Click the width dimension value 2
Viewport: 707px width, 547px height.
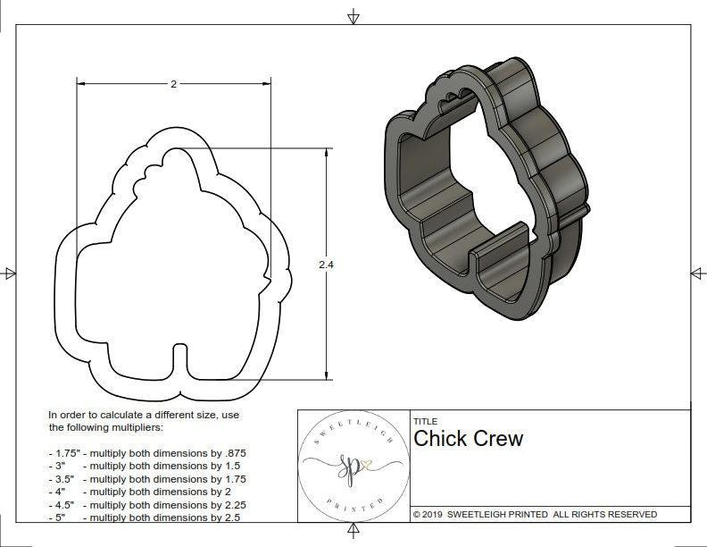click(173, 83)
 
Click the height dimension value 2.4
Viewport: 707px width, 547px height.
click(326, 265)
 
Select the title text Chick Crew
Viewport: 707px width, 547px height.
click(468, 439)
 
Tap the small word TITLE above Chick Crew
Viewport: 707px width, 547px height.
click(425, 421)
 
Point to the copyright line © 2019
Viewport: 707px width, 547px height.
click(535, 514)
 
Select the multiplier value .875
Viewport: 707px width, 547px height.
click(234, 453)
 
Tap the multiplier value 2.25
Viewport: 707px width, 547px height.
click(233, 504)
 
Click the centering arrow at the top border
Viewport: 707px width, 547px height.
click(353, 16)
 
